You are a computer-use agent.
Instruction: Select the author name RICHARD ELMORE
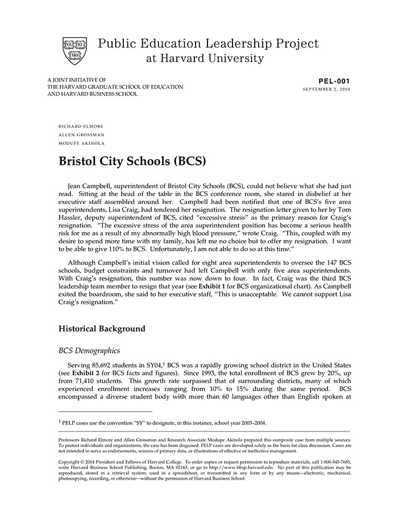point(81,126)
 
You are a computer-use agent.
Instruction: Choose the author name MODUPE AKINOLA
point(82,143)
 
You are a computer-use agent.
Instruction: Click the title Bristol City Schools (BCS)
point(132,161)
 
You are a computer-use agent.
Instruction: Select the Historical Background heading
point(102,329)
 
